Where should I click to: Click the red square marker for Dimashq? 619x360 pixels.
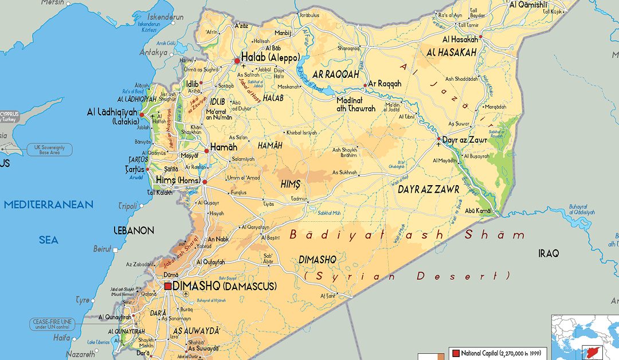(168, 285)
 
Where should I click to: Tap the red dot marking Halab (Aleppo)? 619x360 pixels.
(237, 60)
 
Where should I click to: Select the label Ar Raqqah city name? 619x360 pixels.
(385, 84)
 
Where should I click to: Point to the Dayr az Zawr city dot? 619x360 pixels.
(438, 139)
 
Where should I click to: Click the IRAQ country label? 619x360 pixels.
(548, 253)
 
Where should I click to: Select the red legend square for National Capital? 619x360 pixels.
(456, 353)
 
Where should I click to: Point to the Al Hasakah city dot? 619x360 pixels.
(481, 37)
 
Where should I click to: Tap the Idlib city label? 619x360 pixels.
(192, 84)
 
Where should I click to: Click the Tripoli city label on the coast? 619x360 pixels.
(127, 206)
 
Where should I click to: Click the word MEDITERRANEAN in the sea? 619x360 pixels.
(48, 205)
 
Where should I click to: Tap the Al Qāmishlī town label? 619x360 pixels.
(528, 5)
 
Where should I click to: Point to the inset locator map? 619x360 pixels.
(585, 337)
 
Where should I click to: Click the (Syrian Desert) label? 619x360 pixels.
(407, 276)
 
